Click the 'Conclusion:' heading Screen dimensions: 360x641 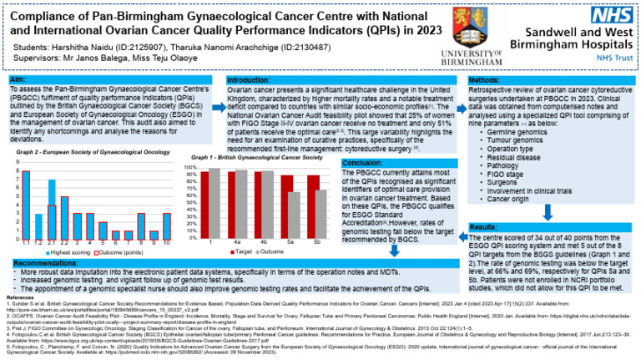click(x=366, y=162)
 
